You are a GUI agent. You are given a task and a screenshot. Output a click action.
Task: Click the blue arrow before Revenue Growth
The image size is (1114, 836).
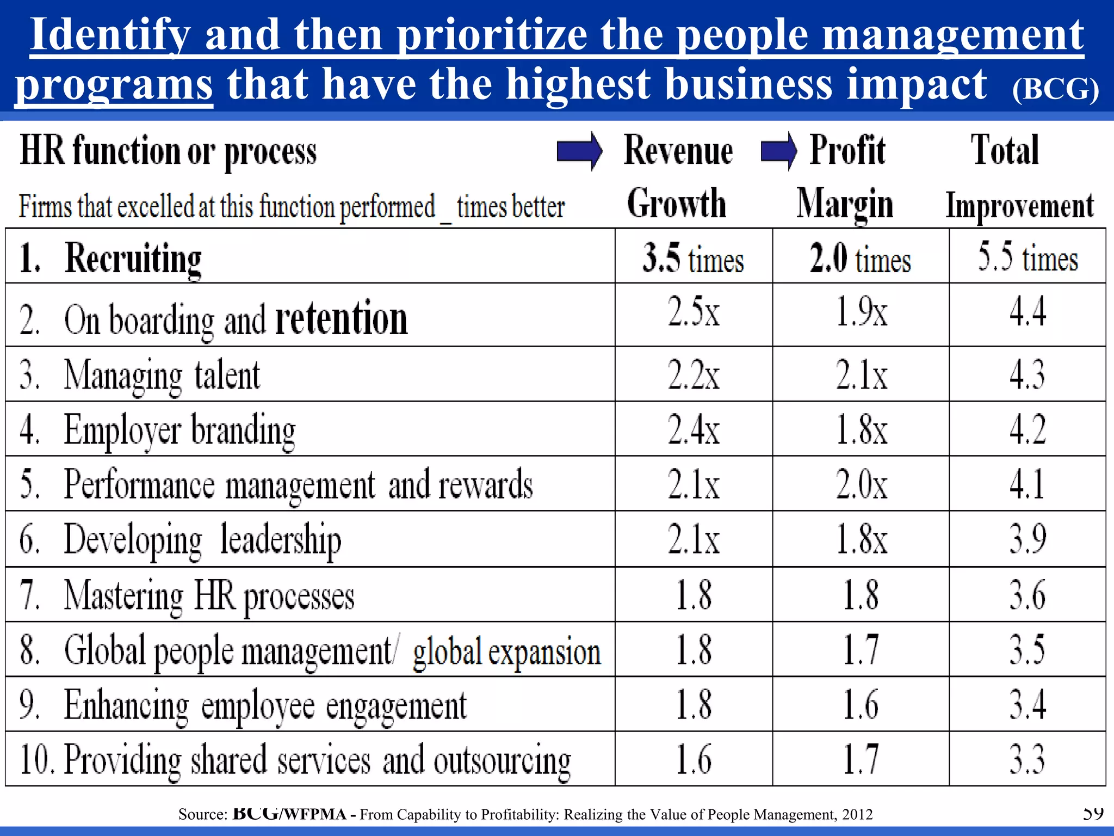coord(579,151)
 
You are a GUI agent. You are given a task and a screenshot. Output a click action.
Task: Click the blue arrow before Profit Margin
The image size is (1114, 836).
coord(779,151)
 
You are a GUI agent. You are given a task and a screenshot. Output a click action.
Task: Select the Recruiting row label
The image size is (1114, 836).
coord(133,258)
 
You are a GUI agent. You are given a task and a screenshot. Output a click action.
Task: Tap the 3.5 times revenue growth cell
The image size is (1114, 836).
coord(693,257)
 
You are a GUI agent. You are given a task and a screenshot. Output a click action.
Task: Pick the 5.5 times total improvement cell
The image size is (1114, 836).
coord(1028,257)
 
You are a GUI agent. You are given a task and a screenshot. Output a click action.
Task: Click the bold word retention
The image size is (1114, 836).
coord(341,318)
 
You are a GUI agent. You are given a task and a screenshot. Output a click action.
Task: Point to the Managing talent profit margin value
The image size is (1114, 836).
coord(862,375)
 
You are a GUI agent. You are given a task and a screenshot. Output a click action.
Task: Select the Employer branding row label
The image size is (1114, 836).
coord(180,430)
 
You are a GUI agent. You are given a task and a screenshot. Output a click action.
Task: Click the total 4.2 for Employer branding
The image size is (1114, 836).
coord(1028,429)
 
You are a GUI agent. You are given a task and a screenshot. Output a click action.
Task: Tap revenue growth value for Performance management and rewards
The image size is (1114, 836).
coord(694,484)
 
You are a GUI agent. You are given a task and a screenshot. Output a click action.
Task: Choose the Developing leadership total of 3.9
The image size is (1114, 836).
coord(1028,539)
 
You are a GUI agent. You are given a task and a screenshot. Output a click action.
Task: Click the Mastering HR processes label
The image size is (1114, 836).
coord(209,595)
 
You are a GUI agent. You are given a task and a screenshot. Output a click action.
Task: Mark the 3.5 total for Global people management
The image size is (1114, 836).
coord(1028,649)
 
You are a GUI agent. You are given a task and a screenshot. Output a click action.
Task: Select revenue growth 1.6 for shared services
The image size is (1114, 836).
coord(694,759)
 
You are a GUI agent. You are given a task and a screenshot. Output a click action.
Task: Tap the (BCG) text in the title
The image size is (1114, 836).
coord(1055,88)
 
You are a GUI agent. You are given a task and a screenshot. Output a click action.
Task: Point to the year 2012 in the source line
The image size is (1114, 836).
coord(857,814)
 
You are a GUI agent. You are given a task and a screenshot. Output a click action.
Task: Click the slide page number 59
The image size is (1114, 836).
coord(1093,813)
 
